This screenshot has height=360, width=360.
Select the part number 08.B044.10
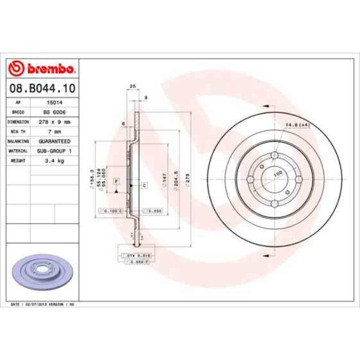click(x=42, y=88)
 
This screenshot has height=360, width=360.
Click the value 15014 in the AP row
click(x=54, y=103)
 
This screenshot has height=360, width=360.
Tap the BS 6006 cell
click(x=54, y=112)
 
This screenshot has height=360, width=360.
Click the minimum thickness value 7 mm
click(x=54, y=132)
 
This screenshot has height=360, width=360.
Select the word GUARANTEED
click(x=54, y=141)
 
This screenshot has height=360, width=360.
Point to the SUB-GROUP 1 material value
click(x=54, y=151)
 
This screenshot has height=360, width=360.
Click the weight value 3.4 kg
click(x=54, y=161)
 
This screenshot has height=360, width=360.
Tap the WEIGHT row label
click(x=19, y=161)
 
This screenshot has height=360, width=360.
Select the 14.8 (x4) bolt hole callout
click(x=296, y=126)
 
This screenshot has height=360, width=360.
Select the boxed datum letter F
click(x=117, y=181)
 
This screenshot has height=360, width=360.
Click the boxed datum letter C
click(x=144, y=186)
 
